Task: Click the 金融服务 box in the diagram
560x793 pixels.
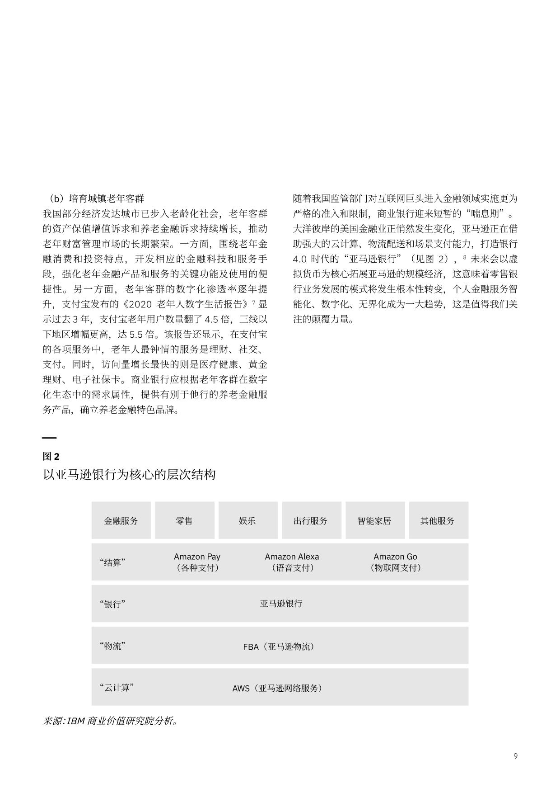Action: point(121,520)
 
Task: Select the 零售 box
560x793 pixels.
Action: point(184,520)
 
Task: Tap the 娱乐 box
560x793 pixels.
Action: point(247,520)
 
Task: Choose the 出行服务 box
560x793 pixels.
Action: point(311,520)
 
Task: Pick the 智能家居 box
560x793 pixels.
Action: point(374,520)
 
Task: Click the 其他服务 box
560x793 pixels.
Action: point(438,520)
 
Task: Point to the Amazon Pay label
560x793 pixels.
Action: point(197,557)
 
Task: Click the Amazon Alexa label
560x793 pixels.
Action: point(292,557)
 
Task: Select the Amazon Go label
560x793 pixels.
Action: point(395,557)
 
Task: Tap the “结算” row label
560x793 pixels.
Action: point(112,562)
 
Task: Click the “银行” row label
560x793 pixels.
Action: point(112,604)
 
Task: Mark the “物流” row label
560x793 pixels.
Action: point(112,646)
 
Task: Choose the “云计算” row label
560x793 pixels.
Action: point(117,688)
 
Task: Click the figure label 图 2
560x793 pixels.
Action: point(51,457)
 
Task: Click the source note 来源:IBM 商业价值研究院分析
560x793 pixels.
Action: point(110,721)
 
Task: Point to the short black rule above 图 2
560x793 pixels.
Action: point(49,438)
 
